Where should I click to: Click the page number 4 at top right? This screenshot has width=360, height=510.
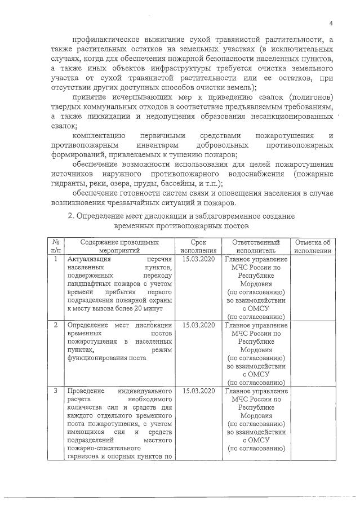332,23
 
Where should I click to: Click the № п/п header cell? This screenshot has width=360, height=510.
56,246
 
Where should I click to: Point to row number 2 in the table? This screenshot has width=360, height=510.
56,325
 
